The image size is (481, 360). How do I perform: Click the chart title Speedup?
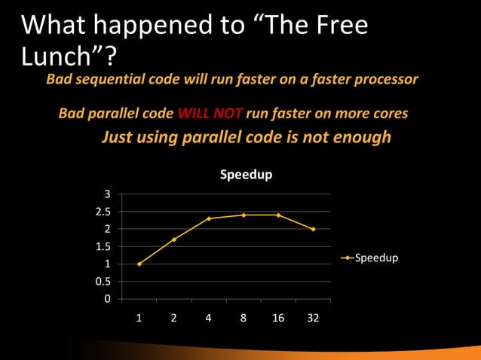(246, 175)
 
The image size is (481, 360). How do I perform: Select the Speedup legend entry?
(375, 258)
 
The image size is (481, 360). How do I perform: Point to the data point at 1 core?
(139, 264)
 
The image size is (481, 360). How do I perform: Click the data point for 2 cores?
(174, 239)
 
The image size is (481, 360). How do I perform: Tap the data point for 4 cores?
(209, 218)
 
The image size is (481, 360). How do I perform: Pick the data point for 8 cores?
(244, 215)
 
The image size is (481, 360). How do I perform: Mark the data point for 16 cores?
(278, 215)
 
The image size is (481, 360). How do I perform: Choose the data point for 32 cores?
(313, 229)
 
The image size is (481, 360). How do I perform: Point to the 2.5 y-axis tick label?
(103, 212)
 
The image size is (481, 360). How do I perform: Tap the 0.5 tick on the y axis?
(103, 282)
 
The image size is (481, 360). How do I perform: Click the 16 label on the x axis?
(278, 318)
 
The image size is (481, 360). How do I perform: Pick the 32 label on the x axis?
(313, 318)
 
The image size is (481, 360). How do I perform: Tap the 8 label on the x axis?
(244, 318)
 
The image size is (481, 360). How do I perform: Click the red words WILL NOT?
(210, 114)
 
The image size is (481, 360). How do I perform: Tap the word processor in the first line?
(386, 79)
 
